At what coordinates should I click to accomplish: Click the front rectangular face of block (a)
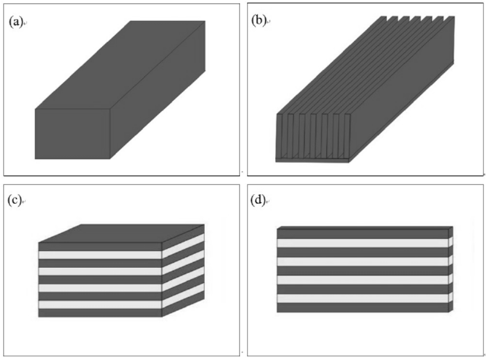coord(73,134)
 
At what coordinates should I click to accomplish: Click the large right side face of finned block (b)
coord(403,98)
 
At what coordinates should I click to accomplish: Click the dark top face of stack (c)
coord(121,233)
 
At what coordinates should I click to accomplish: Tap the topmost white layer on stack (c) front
coord(100,255)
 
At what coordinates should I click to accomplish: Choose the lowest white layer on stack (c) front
coord(100,304)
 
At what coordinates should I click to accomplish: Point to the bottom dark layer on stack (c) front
coord(100,313)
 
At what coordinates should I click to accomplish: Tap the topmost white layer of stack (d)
coord(363,243)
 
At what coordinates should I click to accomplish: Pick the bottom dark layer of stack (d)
coord(363,308)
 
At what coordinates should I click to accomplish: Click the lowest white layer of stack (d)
coord(363,298)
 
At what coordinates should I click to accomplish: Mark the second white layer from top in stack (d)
coord(363,262)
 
